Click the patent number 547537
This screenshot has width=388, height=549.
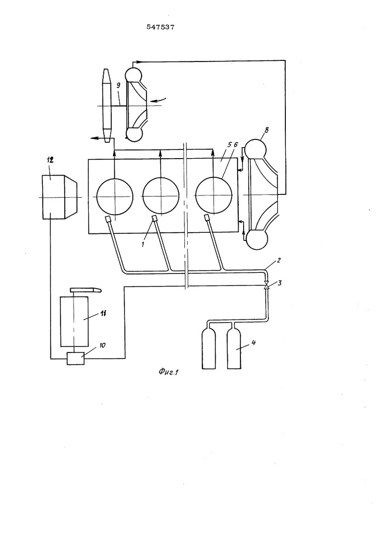click(x=160, y=27)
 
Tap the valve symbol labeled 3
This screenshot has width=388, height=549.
click(x=266, y=287)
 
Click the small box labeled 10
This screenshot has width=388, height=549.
click(x=76, y=358)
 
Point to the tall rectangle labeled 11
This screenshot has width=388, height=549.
click(x=74, y=321)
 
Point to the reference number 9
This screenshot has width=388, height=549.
click(x=118, y=86)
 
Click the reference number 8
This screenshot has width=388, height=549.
click(x=267, y=130)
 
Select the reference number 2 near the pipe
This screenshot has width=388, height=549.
click(x=279, y=260)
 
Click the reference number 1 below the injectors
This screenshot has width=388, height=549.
click(x=143, y=244)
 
